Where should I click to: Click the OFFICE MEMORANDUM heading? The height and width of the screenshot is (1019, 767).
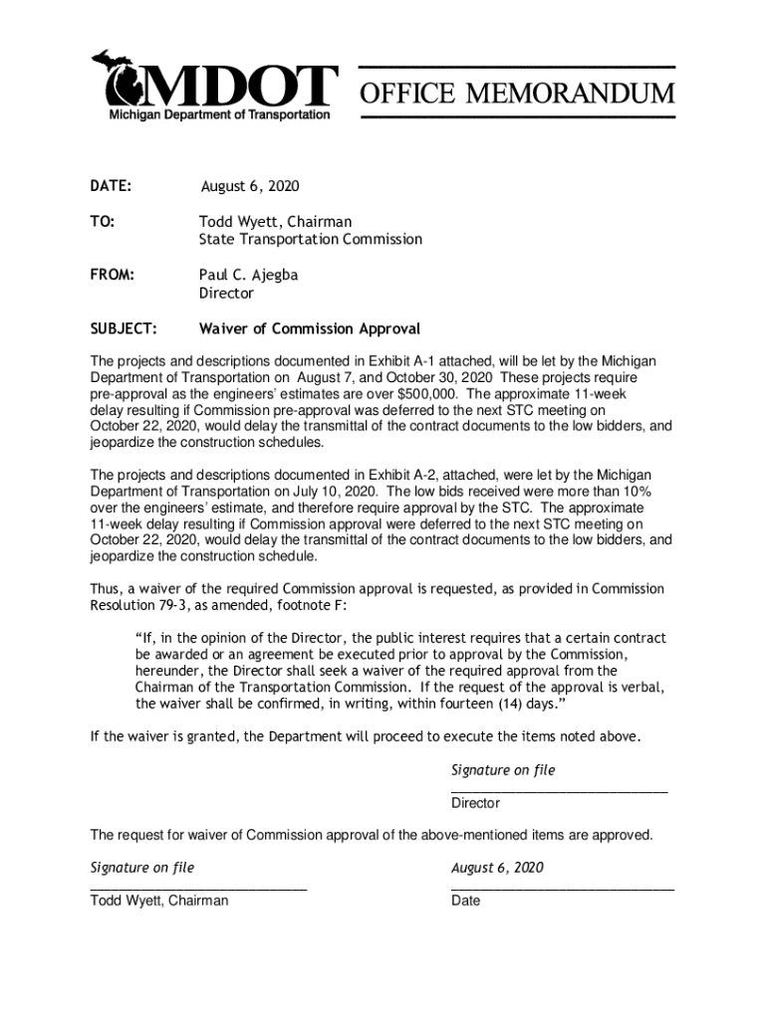[516, 95]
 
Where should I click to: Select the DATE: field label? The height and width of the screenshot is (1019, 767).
[112, 187]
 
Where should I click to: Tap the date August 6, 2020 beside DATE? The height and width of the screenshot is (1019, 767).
[250, 187]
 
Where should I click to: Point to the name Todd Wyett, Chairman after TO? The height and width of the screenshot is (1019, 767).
[275, 222]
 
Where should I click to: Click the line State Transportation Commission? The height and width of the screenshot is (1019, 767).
[310, 240]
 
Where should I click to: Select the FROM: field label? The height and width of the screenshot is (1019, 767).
[113, 275]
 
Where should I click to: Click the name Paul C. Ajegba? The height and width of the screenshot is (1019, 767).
[248, 275]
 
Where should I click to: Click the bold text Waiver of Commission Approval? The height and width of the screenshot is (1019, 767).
[310, 328]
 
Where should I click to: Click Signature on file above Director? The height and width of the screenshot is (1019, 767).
[503, 770]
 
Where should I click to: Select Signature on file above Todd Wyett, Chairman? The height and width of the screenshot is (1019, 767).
[142, 868]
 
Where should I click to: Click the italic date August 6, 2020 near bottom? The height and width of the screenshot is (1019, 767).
[497, 868]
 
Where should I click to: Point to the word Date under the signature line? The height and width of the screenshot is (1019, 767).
[465, 901]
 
